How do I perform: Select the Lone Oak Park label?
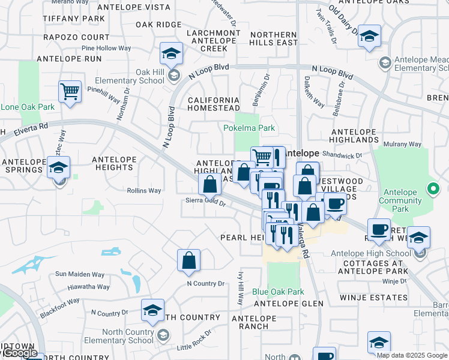point(28,107)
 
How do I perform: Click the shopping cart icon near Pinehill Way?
point(70,92)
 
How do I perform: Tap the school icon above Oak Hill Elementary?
point(172,55)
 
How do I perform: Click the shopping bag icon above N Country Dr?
point(188,261)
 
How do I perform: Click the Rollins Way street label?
point(144,191)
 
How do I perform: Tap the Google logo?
point(20,353)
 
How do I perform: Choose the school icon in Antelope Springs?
point(59,168)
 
